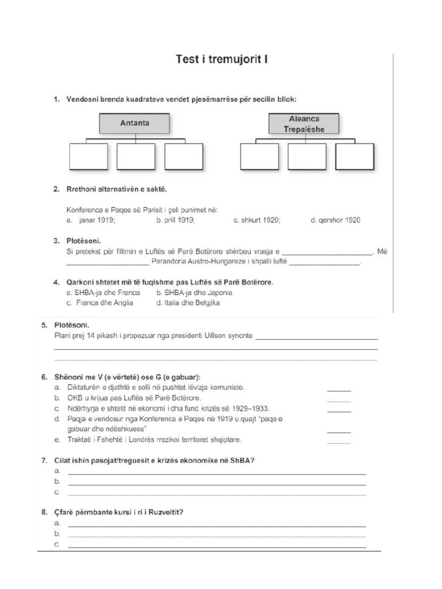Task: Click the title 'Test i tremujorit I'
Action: [222, 60]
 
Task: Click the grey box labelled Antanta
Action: [135, 123]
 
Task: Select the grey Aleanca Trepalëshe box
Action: [304, 124]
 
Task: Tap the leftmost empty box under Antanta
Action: [89, 156]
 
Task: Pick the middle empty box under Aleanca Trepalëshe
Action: [307, 156]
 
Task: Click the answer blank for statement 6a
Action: [338, 390]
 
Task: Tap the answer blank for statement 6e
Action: [338, 443]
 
